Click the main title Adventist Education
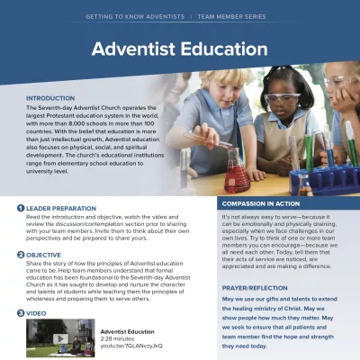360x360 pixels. (179, 49)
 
